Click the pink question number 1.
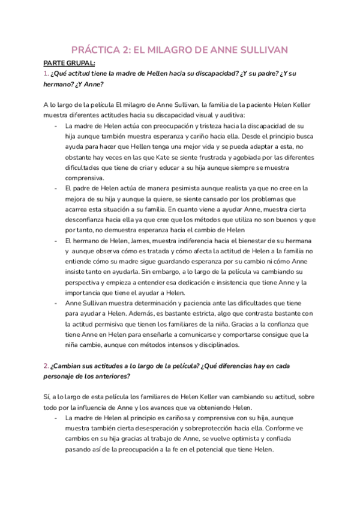[x=46, y=73]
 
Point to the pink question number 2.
[x=46, y=366]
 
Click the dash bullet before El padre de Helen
[x=55, y=188]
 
